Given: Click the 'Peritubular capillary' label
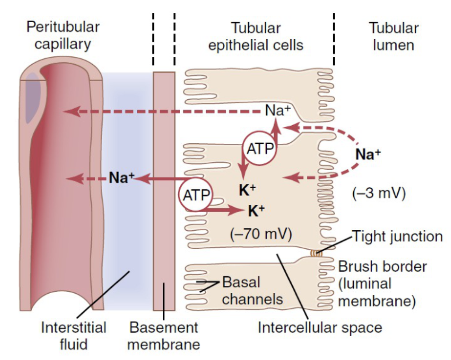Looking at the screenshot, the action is (x=63, y=35).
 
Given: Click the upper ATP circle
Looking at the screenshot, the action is (x=260, y=148).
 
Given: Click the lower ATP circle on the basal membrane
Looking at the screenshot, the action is (x=196, y=195).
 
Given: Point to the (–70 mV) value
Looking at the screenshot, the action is (x=261, y=234).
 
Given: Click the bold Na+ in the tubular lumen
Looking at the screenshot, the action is (x=368, y=154).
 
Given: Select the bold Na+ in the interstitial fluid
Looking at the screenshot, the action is (x=122, y=178).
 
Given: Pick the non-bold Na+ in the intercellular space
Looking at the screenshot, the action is (x=278, y=110).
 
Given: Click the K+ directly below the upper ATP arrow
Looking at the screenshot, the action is (x=247, y=190).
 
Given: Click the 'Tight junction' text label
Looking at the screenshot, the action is (x=397, y=236).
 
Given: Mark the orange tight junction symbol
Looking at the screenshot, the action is (x=316, y=254).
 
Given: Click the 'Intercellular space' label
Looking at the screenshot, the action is (x=320, y=327).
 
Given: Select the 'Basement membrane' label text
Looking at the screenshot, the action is (x=164, y=336).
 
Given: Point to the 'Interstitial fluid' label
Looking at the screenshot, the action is (x=74, y=336).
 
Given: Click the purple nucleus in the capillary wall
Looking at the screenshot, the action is (x=33, y=98).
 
